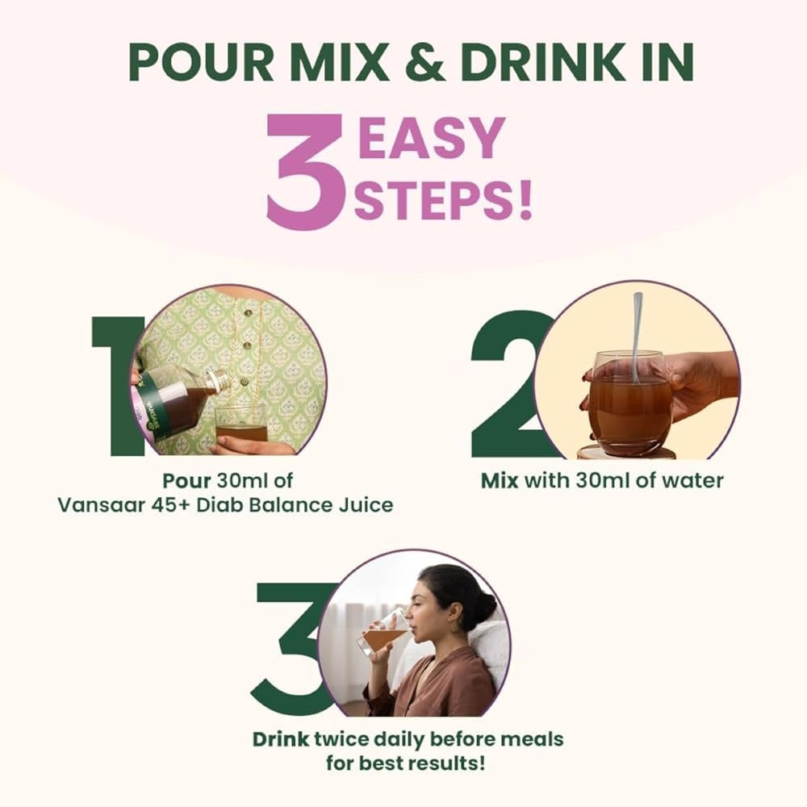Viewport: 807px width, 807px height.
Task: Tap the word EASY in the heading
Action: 431,138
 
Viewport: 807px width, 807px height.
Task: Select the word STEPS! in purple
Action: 443,202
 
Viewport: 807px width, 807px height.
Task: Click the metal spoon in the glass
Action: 638,335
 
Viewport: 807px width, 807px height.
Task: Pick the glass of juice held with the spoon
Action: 630,402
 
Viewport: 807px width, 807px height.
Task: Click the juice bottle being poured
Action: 174,400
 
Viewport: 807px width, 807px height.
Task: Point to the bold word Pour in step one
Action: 186,480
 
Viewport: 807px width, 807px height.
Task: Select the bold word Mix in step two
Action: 500,480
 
